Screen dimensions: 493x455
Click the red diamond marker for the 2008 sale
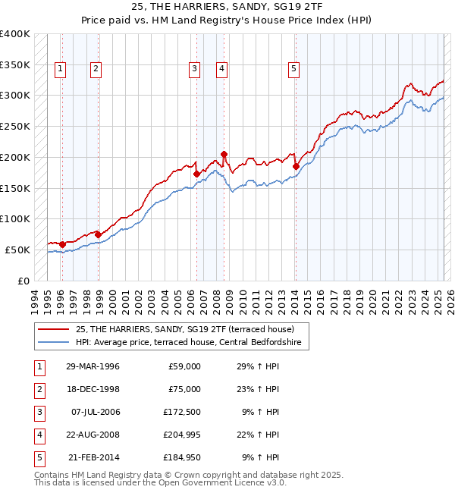click(x=224, y=154)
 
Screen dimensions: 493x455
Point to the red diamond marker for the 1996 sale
click(x=62, y=244)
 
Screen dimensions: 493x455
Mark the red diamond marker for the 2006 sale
click(x=196, y=174)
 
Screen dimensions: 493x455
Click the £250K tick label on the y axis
click(x=15, y=127)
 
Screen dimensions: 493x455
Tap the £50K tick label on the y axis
click(x=18, y=250)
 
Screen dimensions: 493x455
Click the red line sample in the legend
click(x=55, y=329)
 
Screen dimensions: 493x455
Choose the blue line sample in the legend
click(x=55, y=343)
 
